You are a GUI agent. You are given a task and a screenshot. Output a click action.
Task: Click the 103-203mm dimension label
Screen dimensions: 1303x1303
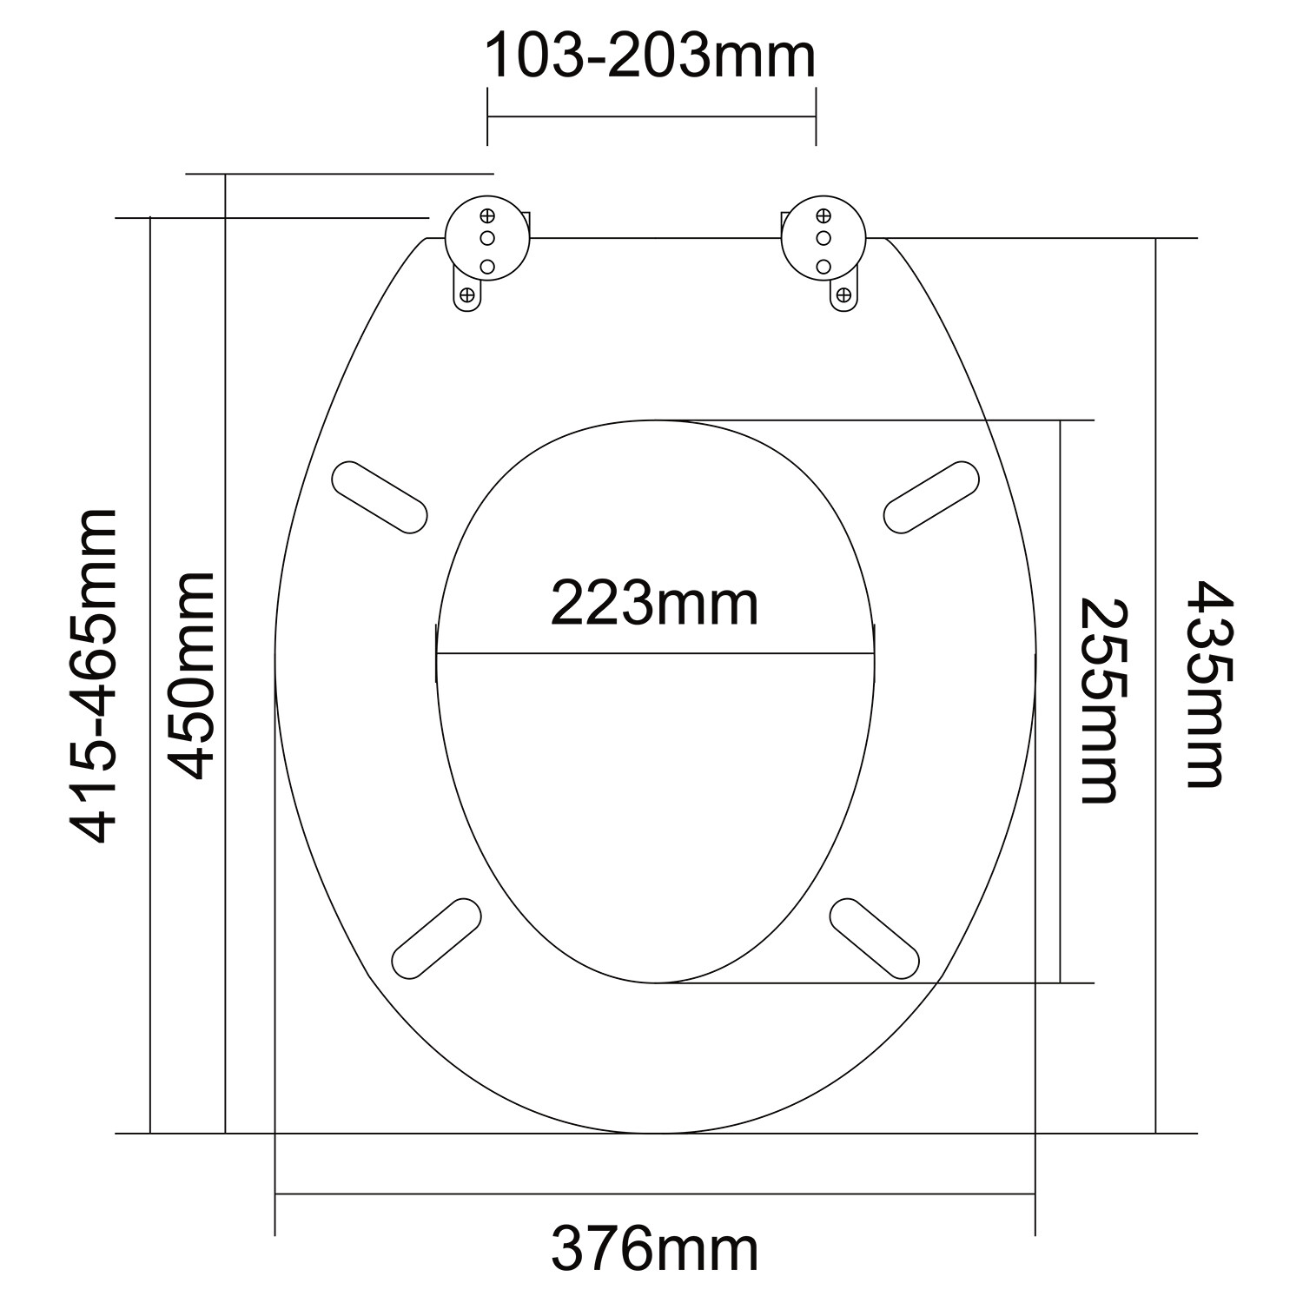tap(650, 57)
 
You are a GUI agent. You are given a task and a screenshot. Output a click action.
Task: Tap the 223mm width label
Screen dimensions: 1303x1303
tap(654, 605)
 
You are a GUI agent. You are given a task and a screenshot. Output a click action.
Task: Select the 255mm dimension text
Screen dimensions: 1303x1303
tap(1097, 700)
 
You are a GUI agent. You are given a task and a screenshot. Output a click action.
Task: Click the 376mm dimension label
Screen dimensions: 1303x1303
tap(654, 1251)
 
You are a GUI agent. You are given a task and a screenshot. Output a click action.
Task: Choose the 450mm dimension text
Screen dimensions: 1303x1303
tap(190, 676)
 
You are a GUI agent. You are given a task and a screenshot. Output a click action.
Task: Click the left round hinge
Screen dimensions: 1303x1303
tap(486, 238)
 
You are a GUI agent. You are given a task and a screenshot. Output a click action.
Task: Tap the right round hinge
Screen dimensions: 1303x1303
tap(823, 238)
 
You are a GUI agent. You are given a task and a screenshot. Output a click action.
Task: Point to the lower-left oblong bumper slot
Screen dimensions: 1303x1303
tap(436, 938)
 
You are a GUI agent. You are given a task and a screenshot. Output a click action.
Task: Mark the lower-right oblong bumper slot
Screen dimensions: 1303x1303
tap(875, 938)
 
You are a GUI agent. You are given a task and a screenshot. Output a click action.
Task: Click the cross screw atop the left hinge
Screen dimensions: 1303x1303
tap(486, 215)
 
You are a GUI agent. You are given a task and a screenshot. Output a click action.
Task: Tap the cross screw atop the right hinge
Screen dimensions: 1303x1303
tap(823, 215)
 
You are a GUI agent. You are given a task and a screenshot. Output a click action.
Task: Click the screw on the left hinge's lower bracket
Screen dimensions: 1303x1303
tap(467, 295)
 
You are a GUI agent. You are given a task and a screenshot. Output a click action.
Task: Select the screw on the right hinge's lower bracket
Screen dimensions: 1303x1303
tap(842, 295)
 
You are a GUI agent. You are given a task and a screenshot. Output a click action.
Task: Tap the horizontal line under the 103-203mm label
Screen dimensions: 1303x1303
tap(651, 116)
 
